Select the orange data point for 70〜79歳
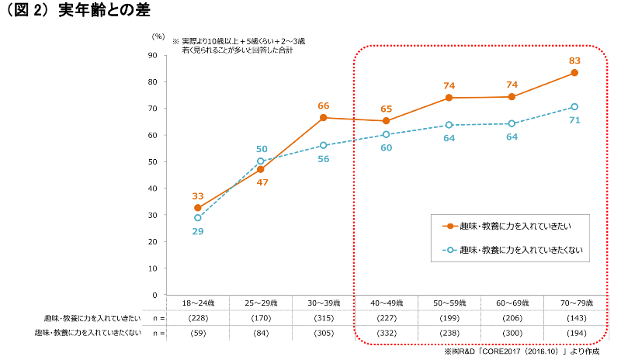click(x=574, y=73)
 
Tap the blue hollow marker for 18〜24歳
click(x=198, y=218)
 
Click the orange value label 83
click(x=574, y=60)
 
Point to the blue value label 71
click(x=574, y=120)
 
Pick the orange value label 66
click(x=324, y=106)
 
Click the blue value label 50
click(x=262, y=149)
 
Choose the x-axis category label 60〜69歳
click(x=512, y=302)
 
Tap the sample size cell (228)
click(x=198, y=318)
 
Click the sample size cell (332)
click(x=387, y=333)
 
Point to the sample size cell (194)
click(x=574, y=333)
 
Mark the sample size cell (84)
click(x=261, y=333)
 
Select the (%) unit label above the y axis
click(x=158, y=36)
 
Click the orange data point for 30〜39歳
click(x=324, y=118)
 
